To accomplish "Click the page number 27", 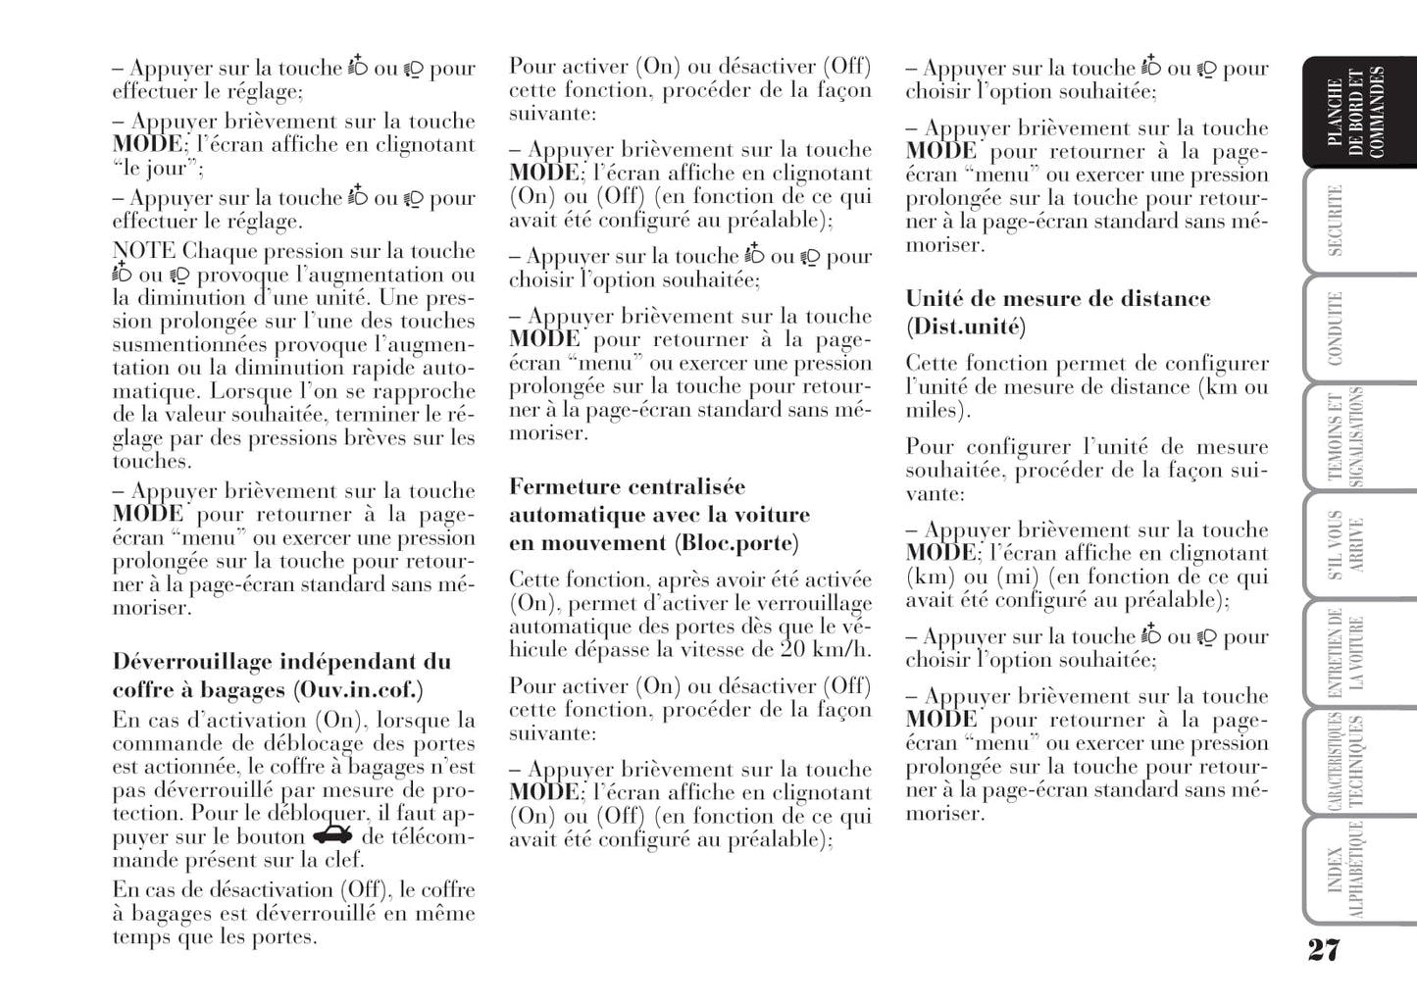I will pyautogui.click(x=1323, y=949).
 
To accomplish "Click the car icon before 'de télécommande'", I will pyautogui.click(x=332, y=835).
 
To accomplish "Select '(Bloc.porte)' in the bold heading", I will pyautogui.click(x=735, y=543).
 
